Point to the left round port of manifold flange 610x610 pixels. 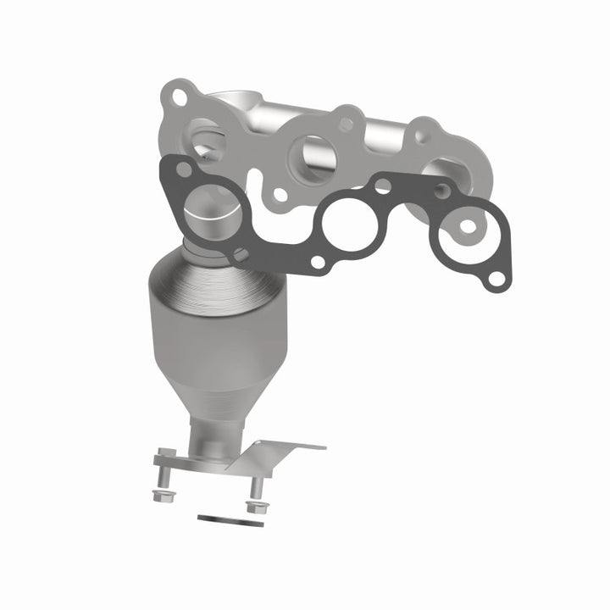pos(206,140)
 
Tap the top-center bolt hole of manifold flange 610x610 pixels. pos(346,125)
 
